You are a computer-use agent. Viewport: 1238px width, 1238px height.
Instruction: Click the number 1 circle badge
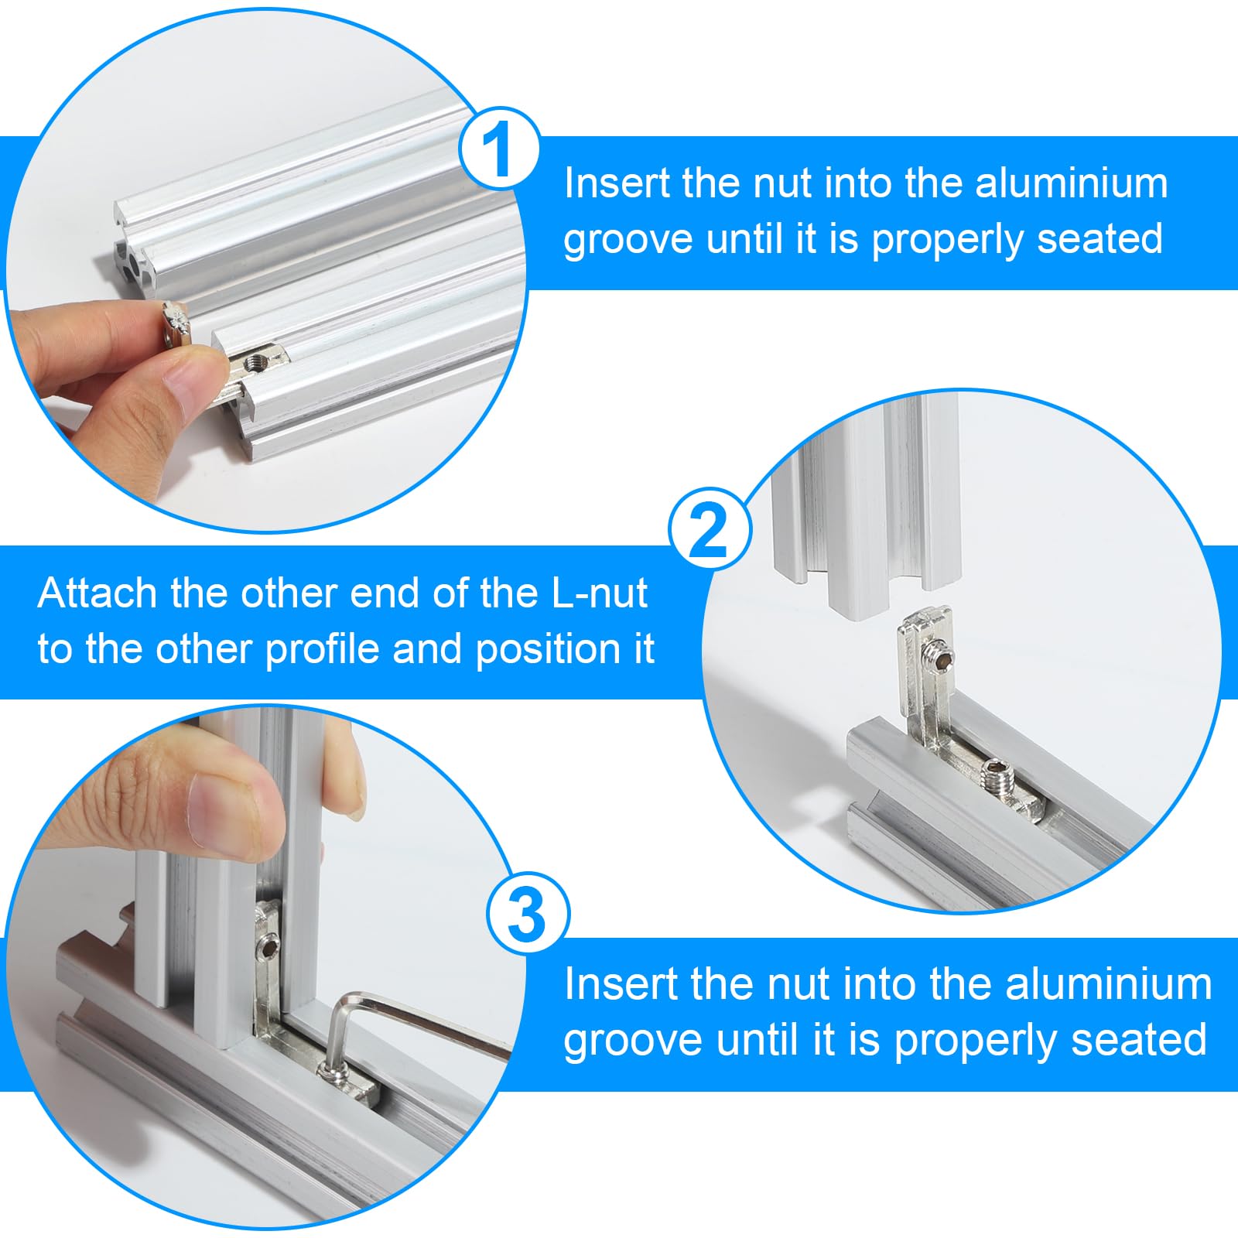(x=499, y=148)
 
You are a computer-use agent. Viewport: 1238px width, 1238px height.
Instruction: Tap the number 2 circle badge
(x=710, y=529)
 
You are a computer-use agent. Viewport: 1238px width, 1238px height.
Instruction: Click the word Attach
(x=97, y=593)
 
